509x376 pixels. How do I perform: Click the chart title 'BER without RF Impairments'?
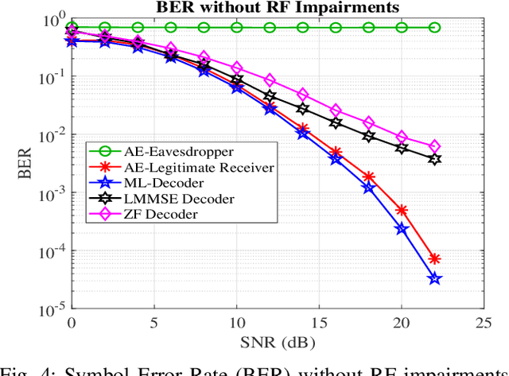click(x=278, y=7)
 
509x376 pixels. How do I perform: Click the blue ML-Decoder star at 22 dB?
click(x=434, y=278)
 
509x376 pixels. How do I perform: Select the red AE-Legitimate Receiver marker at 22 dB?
click(x=434, y=259)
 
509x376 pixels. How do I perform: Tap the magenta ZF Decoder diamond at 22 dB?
click(x=434, y=146)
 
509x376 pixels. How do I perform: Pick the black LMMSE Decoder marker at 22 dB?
click(x=434, y=159)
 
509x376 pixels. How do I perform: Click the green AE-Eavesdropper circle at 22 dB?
click(x=434, y=28)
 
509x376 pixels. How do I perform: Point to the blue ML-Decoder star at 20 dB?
click(x=402, y=229)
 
